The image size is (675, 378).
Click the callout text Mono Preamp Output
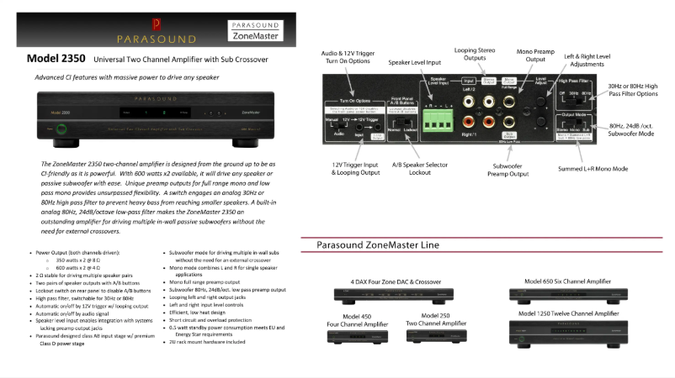[x=534, y=54]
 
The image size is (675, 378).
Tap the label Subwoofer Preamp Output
[x=507, y=172]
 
